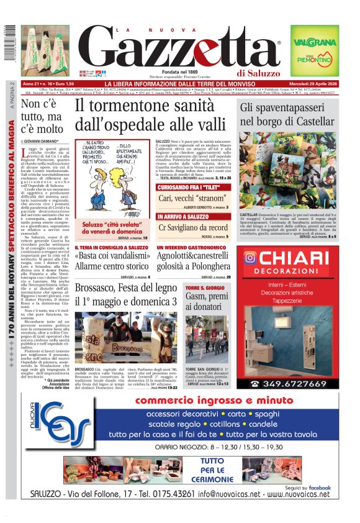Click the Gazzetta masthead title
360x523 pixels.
(x=180, y=48)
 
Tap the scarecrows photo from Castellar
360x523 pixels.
(x=288, y=172)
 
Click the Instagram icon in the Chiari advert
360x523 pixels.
(x=250, y=257)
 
